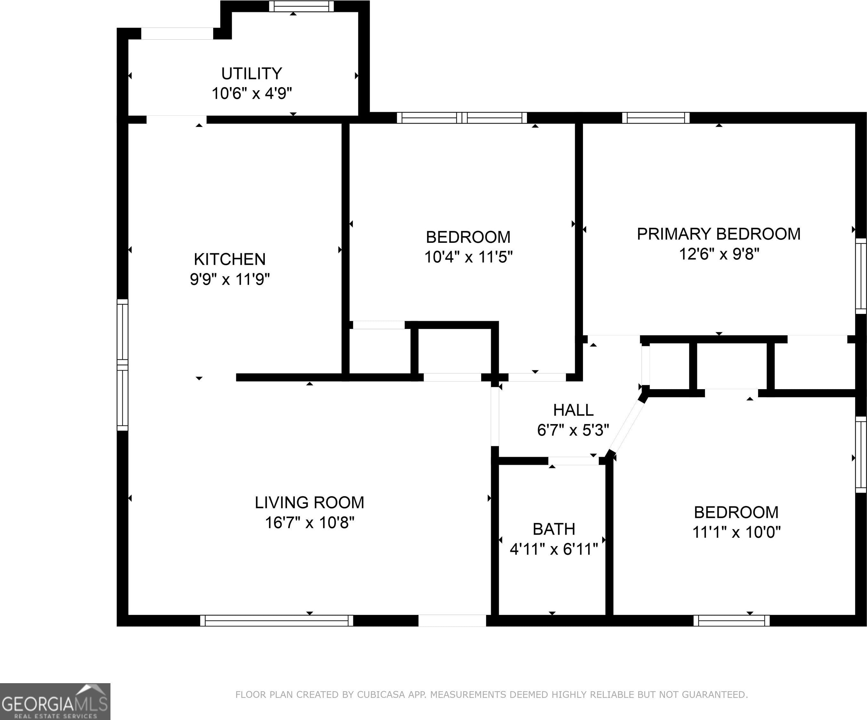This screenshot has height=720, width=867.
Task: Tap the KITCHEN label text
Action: point(230,259)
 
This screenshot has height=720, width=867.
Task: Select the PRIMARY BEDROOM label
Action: point(719,234)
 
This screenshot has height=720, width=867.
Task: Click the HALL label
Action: point(573,410)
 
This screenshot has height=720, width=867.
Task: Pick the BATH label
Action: point(554,529)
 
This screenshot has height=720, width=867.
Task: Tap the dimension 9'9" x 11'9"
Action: point(230,279)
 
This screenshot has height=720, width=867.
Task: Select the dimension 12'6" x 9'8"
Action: point(719,254)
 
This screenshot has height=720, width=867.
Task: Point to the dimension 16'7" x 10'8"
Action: point(309,523)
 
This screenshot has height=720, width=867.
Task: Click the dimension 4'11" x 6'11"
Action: point(554,549)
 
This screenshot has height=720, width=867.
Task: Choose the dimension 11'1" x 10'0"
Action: point(736,532)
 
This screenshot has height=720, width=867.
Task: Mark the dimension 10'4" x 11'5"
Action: point(468,257)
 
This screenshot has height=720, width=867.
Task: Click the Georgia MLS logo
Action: point(55,701)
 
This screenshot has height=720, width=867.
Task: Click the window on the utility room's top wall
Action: point(301,6)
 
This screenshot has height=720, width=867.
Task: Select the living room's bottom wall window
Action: point(277,621)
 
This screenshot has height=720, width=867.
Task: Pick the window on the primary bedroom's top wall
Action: point(656,118)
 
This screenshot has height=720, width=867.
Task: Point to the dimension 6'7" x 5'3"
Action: point(573,430)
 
